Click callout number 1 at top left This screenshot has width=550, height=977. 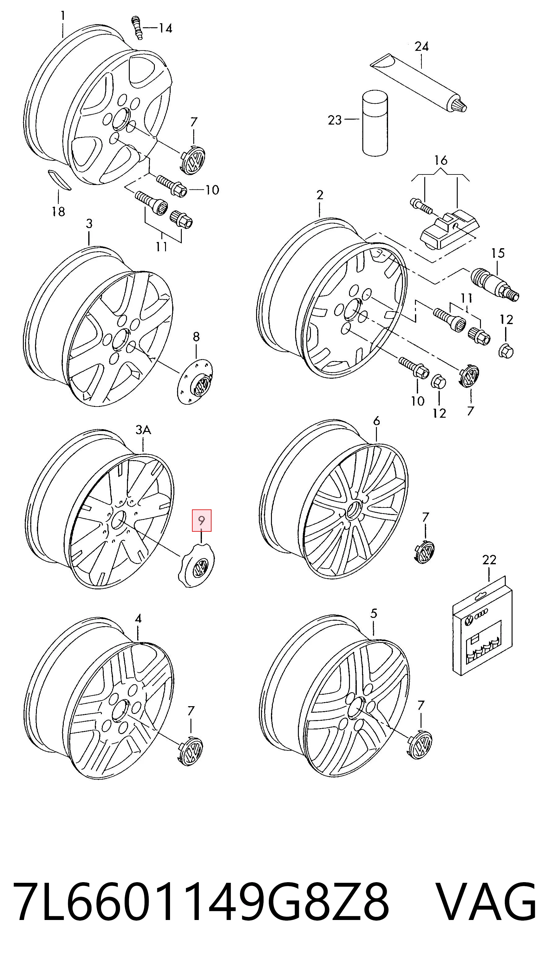coord(63,15)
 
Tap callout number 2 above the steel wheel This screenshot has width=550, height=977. coord(320,195)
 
